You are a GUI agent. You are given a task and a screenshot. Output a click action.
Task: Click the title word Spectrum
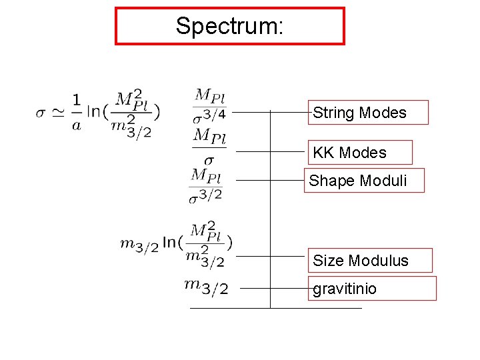pyautogui.click(x=229, y=26)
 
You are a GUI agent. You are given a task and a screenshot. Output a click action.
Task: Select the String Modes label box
pyautogui.click(x=368, y=113)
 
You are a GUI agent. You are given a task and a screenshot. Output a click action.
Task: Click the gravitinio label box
pyautogui.click(x=371, y=289)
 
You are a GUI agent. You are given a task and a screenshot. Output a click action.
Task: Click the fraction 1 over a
pyautogui.click(x=76, y=113)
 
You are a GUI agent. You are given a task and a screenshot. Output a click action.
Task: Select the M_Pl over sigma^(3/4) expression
pyautogui.click(x=210, y=105)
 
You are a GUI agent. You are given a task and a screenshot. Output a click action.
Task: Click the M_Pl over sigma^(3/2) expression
pyautogui.click(x=206, y=185)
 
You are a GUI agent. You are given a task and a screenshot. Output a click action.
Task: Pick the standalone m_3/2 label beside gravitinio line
pyautogui.click(x=206, y=287)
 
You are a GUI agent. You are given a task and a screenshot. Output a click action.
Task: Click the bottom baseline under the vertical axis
pyautogui.click(x=275, y=308)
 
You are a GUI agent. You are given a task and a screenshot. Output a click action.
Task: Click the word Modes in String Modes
pyautogui.click(x=382, y=113)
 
